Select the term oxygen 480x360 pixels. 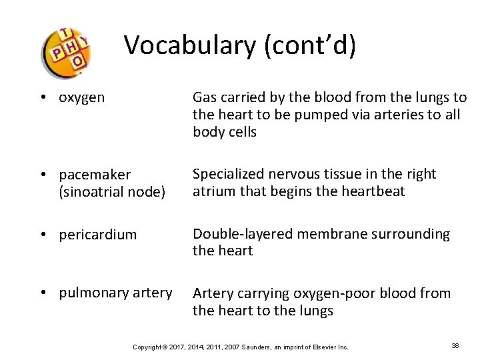(81, 97)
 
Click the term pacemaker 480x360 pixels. (95, 175)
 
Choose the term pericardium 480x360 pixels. (97, 235)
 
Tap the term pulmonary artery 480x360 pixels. (115, 293)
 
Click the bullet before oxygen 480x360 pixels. (42, 97)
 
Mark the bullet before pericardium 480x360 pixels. (42, 235)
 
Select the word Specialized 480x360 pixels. (229, 174)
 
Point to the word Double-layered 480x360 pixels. (243, 234)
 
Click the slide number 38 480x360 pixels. (455, 346)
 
